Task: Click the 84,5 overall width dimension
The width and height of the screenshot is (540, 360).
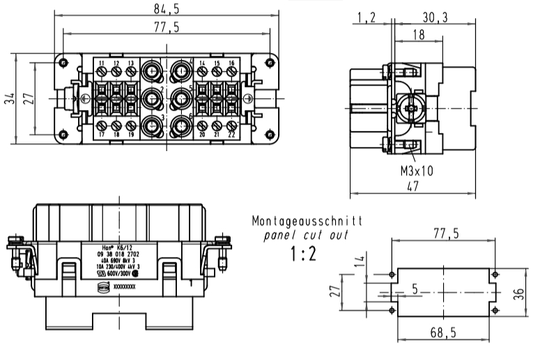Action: (165, 8)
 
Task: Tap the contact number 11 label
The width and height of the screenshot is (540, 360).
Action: (102, 64)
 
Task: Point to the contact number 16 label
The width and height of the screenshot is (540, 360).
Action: (231, 63)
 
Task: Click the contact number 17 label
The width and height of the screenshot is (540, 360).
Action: (102, 134)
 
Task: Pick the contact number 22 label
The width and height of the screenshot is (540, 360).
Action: (231, 134)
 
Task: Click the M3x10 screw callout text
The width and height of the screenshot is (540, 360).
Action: (416, 170)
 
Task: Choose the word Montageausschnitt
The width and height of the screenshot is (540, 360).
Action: (307, 222)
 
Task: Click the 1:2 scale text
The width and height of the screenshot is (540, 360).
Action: (303, 253)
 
